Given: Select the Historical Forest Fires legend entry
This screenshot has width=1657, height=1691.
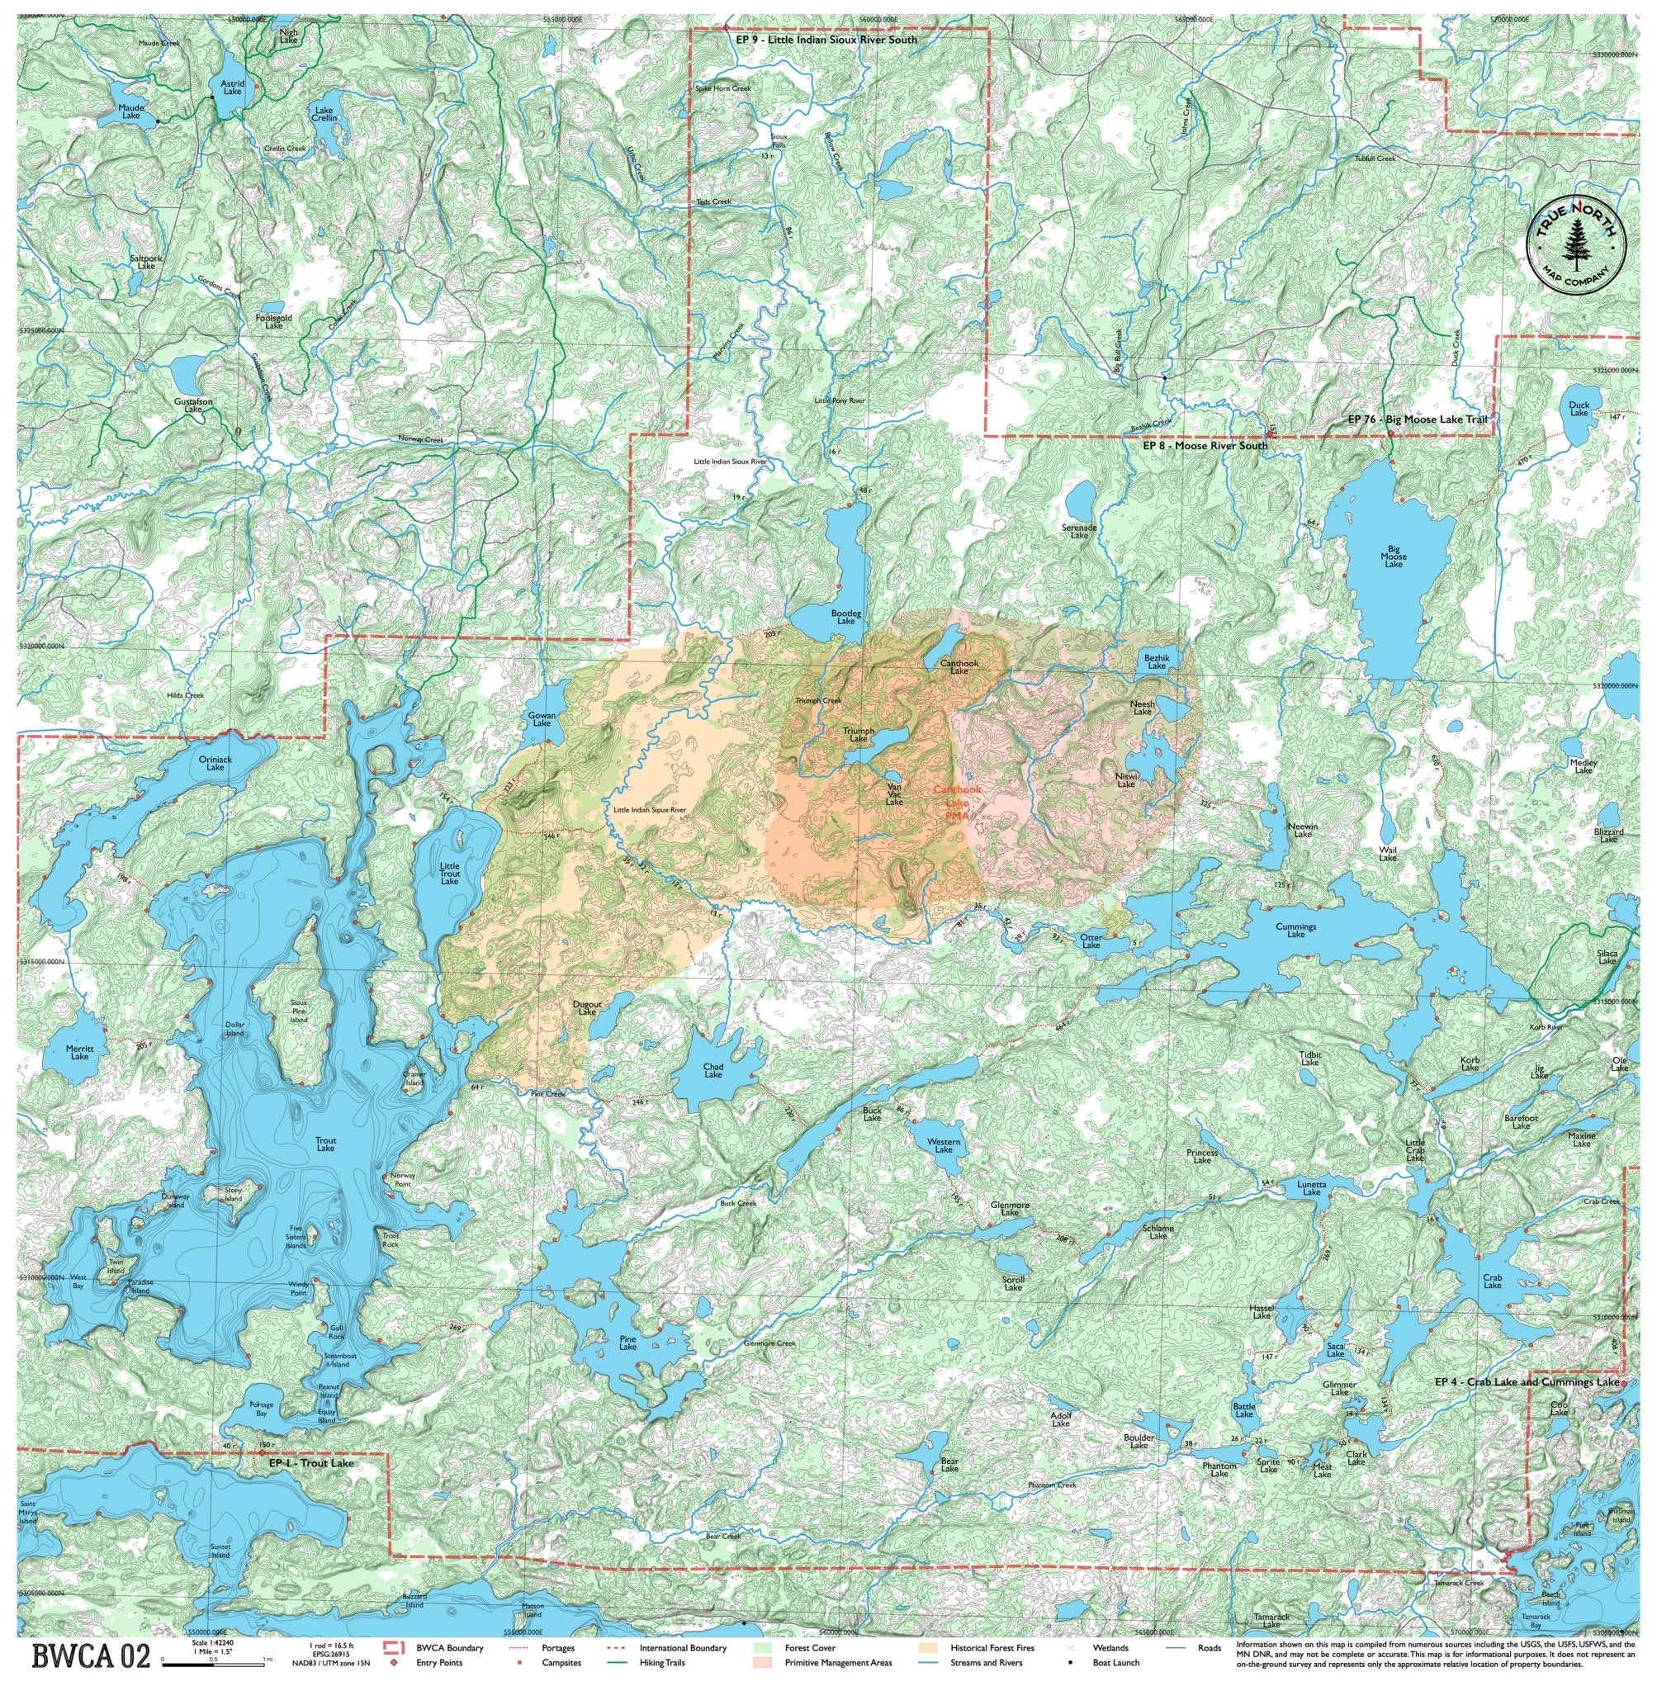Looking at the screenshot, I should [984, 1647].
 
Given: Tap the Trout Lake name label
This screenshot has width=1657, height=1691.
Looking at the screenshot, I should [325, 1144].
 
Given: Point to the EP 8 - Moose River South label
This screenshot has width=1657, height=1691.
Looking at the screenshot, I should [1205, 447].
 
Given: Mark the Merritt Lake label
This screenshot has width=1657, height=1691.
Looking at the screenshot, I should [79, 1052].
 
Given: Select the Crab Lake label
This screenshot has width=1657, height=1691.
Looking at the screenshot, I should [1492, 1281].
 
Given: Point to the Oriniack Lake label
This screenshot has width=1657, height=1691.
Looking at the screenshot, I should [215, 762].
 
